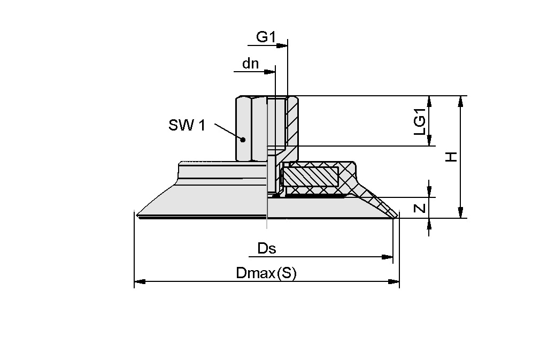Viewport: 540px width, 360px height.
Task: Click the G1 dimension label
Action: click(x=266, y=37)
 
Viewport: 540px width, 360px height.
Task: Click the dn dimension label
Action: click(x=250, y=64)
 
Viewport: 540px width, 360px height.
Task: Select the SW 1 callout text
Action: click(x=187, y=126)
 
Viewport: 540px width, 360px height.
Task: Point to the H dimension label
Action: click(x=452, y=157)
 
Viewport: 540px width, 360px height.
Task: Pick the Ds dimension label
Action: click(x=267, y=248)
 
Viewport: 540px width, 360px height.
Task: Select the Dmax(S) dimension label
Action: click(x=266, y=273)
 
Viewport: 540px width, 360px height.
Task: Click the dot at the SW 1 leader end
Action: click(x=243, y=140)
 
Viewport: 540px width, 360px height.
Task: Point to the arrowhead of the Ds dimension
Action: click(x=389, y=257)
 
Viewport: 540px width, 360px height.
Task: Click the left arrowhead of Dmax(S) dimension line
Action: click(x=138, y=281)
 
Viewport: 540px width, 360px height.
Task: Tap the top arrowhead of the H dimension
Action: click(x=460, y=100)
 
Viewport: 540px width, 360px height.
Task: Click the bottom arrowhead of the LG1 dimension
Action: click(x=429, y=141)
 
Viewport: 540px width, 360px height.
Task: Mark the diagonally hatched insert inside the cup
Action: click(x=311, y=177)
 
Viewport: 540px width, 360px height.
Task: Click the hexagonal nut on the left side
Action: click(x=250, y=128)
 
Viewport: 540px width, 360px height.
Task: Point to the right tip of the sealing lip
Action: click(x=396, y=217)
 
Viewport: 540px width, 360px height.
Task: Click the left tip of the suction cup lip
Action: click(x=137, y=216)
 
